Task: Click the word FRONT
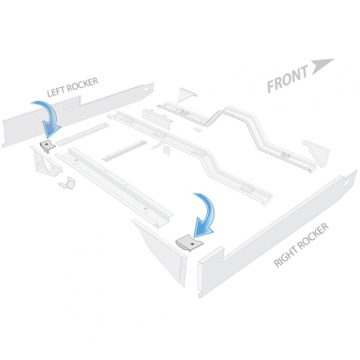pos(288,79)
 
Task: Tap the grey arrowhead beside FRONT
pos(321,65)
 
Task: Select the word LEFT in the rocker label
pos(56,92)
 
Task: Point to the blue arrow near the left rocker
pos(49,117)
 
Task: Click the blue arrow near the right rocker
pos(205,213)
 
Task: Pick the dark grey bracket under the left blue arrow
pos(48,147)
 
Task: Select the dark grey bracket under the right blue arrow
pos(189,244)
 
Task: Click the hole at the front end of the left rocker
pos(147,89)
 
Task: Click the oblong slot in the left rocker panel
pos(71,105)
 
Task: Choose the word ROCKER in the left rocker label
pos(82,84)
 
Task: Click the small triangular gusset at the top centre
pos(186,93)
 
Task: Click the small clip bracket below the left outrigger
pos(68,183)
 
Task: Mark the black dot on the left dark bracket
pos(47,143)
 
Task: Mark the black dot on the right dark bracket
pos(191,245)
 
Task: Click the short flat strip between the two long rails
pos(125,150)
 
